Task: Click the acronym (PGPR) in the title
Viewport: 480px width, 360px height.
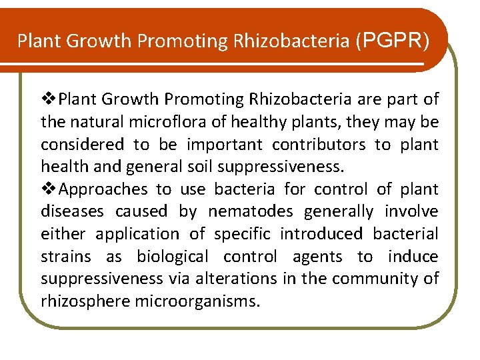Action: [x=393, y=41]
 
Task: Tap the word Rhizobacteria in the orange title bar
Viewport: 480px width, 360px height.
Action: [x=290, y=41]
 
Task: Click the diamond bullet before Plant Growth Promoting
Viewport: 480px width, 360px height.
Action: [x=49, y=99]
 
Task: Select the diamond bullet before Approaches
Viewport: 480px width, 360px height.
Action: [x=49, y=189]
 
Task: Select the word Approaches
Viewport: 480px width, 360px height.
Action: [x=103, y=189]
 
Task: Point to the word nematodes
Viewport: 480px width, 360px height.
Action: [x=252, y=211]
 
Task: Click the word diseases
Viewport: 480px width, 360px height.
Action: [x=72, y=211]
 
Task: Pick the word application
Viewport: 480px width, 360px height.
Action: [x=137, y=234]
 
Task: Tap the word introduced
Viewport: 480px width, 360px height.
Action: [x=321, y=234]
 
